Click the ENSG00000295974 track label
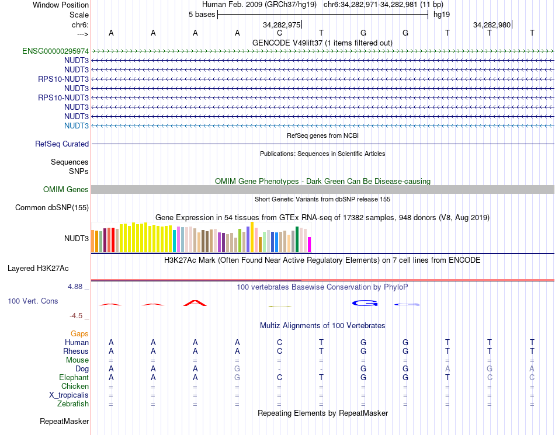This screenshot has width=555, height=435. tap(56, 51)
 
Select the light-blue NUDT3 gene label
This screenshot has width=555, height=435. tap(77, 126)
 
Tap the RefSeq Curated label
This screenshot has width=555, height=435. tap(62, 144)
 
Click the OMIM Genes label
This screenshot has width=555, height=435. tap(66, 189)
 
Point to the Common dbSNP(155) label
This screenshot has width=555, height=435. tap(52, 207)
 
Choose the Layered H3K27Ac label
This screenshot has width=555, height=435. tap(38, 269)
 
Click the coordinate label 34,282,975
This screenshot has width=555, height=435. tap(282, 25)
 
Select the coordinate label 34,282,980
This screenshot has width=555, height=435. tap(492, 25)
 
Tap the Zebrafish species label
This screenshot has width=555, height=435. tap(73, 403)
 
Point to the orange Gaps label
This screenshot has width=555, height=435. tap(79, 333)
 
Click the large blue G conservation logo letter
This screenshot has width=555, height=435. tap(365, 302)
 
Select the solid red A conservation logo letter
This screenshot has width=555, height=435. tap(195, 302)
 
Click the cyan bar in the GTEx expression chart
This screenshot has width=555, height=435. tap(175, 241)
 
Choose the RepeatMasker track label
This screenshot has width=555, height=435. tap(64, 421)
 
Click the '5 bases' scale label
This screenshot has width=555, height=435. tap(202, 14)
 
